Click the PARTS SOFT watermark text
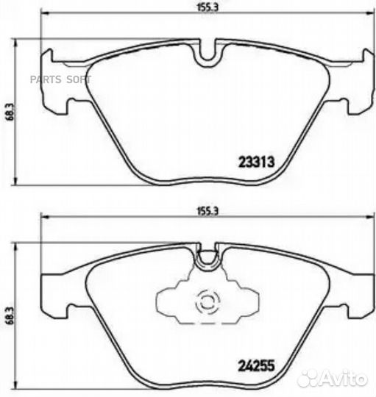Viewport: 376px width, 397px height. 67,78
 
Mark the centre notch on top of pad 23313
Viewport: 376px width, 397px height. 207,51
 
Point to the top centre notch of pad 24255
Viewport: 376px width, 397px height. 207,256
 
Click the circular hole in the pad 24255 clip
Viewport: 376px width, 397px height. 205,301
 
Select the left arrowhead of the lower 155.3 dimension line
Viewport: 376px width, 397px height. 43,218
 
